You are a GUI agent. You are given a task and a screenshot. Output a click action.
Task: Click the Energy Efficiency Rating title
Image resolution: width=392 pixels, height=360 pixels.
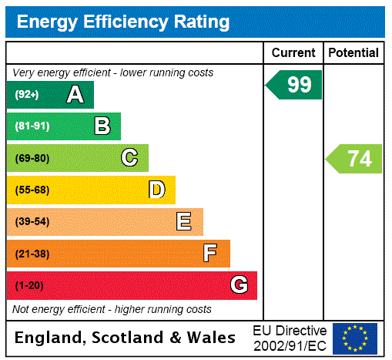[x=123, y=22]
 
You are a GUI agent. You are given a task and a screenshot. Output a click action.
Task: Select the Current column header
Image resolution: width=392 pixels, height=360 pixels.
[x=293, y=52]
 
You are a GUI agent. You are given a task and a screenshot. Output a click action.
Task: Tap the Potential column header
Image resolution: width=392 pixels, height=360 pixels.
[x=353, y=52]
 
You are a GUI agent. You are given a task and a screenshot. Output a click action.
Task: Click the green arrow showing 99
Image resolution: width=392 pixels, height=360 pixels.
[x=295, y=85]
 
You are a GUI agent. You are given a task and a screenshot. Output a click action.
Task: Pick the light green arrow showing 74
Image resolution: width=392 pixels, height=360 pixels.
[x=355, y=158]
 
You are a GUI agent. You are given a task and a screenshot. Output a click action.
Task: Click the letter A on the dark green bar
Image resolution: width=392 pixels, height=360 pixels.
[x=75, y=95]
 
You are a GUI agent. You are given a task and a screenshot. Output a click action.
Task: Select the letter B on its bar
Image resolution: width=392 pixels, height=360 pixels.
[x=102, y=126]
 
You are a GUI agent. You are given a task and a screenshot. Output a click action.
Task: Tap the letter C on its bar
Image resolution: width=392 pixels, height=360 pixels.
[x=129, y=158]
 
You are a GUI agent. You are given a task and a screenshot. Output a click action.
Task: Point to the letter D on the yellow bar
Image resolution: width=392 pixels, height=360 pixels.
[x=156, y=190]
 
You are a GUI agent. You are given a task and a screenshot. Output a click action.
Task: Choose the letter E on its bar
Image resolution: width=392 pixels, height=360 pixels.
[x=183, y=222]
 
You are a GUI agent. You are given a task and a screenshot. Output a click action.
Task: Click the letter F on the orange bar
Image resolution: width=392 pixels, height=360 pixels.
[x=210, y=254]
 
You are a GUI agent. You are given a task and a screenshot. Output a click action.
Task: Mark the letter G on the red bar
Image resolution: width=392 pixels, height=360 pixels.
[x=239, y=285]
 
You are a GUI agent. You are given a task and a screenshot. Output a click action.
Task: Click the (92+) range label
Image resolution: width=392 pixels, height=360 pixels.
[x=27, y=95]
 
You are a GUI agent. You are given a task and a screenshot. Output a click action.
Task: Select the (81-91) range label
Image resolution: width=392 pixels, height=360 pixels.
[x=32, y=126]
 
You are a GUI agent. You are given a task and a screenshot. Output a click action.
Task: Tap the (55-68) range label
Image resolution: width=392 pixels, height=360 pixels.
[x=32, y=190]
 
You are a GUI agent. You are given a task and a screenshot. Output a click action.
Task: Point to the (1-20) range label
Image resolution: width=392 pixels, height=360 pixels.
[x=29, y=285]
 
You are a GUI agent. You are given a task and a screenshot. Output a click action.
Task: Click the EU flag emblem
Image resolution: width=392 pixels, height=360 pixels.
[x=355, y=338]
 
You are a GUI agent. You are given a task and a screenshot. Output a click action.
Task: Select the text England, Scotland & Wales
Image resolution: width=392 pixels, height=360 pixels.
[x=126, y=338]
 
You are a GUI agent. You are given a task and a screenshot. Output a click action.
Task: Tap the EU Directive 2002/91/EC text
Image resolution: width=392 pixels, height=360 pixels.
[x=290, y=338]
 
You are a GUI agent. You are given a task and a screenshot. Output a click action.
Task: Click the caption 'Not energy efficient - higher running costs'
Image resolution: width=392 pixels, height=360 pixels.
[x=112, y=309]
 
